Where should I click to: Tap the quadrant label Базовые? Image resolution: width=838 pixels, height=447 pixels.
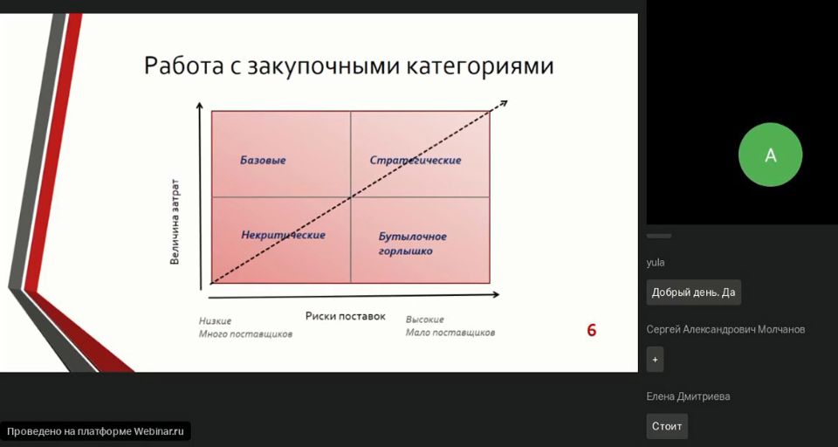tap(263, 160)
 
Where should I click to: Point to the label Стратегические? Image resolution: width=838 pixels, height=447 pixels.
tap(416, 160)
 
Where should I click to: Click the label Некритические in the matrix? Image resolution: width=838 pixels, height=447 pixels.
tap(283, 235)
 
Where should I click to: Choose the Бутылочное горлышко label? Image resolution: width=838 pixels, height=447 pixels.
tap(413, 244)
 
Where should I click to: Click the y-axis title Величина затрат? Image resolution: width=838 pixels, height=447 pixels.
tap(175, 222)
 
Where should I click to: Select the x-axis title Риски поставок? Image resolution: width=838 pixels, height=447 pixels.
tap(346, 316)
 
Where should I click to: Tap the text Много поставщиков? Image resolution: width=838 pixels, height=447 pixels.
tap(246, 334)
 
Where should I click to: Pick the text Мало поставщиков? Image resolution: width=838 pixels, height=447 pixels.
tap(450, 333)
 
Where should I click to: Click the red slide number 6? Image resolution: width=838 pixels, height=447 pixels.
tap(592, 330)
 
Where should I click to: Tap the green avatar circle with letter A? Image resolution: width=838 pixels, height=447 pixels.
tap(770, 155)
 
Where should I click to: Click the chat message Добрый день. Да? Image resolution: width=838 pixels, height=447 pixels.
tap(694, 292)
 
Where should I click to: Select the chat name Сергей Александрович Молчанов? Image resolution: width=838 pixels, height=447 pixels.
tap(725, 329)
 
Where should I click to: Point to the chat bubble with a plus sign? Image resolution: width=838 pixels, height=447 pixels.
tap(656, 360)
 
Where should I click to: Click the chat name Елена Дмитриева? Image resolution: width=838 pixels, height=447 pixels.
tap(689, 396)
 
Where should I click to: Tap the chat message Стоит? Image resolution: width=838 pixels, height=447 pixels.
tap(667, 426)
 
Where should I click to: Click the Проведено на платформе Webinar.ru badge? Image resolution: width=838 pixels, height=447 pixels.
tap(95, 431)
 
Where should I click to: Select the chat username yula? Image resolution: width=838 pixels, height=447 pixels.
tap(656, 263)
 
